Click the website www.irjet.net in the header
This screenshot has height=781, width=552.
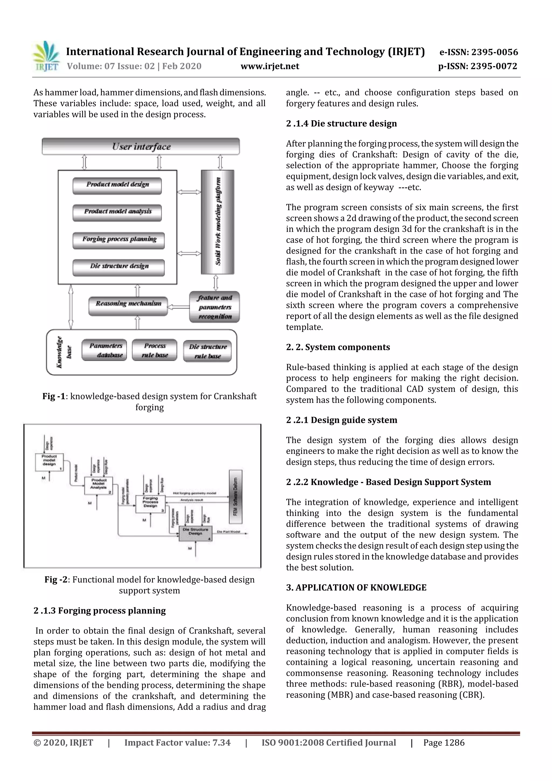point(270,66)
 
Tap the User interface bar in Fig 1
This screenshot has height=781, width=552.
point(141,147)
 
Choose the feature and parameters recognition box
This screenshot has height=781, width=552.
point(215,307)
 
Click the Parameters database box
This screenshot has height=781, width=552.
point(104,350)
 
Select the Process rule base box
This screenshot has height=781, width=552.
point(154,350)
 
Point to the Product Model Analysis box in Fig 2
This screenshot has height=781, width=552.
point(99,486)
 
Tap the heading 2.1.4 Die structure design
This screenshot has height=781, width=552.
point(341,123)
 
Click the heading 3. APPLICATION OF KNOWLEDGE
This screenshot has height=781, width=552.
point(356,587)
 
